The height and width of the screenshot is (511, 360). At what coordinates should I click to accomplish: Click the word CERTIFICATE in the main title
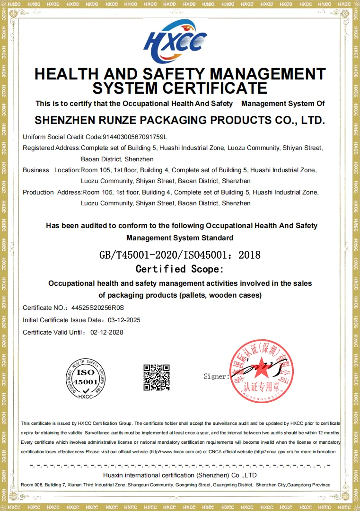pyautogui.click(x=215, y=88)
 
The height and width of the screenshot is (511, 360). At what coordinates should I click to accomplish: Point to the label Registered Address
pyautogui.click(x=51, y=148)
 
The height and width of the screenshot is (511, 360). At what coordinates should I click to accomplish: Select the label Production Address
pyautogui.click(x=52, y=192)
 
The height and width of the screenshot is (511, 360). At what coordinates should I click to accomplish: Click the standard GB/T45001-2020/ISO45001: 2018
pyautogui.click(x=180, y=255)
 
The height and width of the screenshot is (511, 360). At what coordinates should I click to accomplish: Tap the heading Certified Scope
pyautogui.click(x=180, y=269)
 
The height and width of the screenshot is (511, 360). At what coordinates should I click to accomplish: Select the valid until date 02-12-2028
pyautogui.click(x=106, y=332)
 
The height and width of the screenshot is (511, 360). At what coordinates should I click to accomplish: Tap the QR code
pyautogui.click(x=157, y=377)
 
